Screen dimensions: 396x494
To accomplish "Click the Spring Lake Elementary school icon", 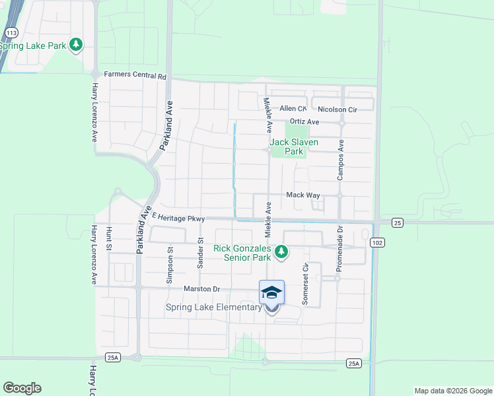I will (272, 292).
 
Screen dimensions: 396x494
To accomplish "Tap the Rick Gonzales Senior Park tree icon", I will (281, 251).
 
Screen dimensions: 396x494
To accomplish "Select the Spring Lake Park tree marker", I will (77, 45).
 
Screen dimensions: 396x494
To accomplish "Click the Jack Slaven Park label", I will (293, 147).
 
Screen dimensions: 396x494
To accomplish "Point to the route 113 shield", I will (11, 32).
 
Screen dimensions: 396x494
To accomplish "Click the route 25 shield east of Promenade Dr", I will (396, 222).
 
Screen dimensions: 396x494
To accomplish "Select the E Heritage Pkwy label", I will (179, 218).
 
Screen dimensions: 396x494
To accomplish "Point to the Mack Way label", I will (302, 195).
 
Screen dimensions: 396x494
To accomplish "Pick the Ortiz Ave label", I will (304, 122).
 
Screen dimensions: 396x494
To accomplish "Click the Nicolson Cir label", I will (337, 109).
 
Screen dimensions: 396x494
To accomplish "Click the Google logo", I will (22, 388).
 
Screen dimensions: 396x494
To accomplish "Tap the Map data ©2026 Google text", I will (452, 391).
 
